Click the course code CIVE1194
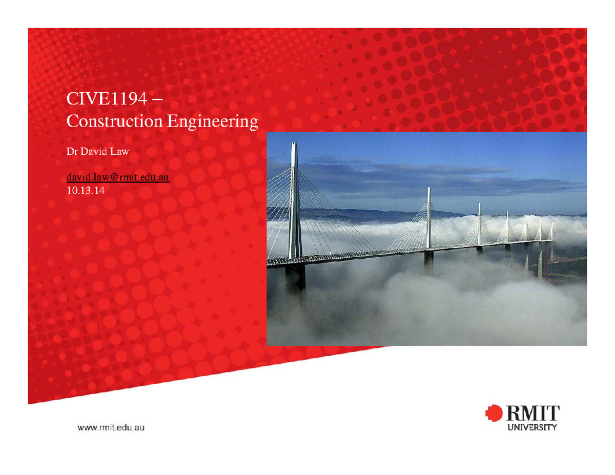coord(106,99)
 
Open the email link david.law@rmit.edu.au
coord(118,177)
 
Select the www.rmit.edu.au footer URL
coord(111,427)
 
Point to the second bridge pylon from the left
coord(428,218)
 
